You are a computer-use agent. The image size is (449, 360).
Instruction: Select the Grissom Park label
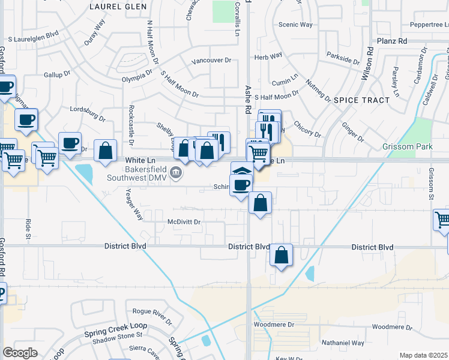coord(408,146)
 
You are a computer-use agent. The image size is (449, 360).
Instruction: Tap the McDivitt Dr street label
coord(184,222)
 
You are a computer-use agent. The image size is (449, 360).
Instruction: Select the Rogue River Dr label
coord(152,311)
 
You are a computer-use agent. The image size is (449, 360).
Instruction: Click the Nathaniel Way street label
coord(342,343)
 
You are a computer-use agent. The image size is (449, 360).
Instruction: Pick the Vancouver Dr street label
coord(211,61)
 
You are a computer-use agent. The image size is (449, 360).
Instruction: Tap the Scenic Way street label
coord(295,25)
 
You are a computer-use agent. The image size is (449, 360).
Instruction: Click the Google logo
coord(20,353)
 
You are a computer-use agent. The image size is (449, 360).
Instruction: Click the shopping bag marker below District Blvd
coord(281,256)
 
